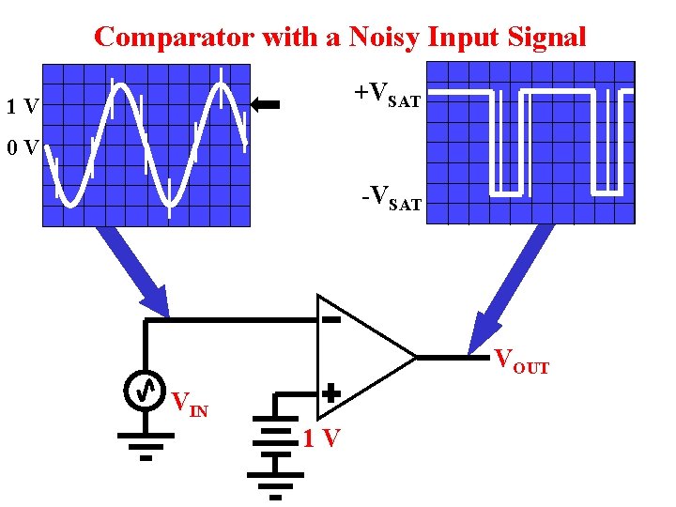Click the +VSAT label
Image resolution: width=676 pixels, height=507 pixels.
[387, 94]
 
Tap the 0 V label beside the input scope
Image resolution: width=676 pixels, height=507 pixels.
[21, 147]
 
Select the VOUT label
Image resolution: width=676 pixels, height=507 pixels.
[521, 361]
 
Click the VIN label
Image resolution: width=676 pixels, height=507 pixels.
[190, 404]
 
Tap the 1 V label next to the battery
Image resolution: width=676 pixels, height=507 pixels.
[321, 438]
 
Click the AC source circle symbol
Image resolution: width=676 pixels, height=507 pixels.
[145, 391]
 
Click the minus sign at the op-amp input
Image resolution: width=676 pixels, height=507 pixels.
[330, 320]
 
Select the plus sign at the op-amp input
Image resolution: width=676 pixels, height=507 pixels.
[330, 395]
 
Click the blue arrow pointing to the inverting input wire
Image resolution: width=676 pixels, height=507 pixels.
[136, 272]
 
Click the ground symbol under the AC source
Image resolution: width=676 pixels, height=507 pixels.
[146, 441]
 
